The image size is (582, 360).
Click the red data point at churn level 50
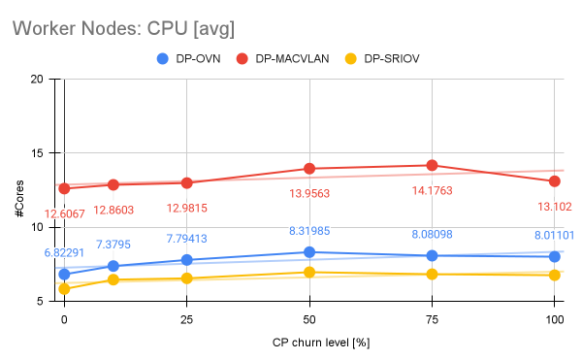coord(309,169)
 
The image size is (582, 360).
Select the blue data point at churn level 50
coord(309,252)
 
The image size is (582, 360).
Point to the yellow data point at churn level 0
coord(64,289)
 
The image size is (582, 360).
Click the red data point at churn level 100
coord(555,181)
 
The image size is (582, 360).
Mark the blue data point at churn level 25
coord(186,260)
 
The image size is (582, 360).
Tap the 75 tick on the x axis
coord(432,318)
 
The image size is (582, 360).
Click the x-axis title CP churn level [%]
coord(308,342)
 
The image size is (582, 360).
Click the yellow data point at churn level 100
coord(555,276)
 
